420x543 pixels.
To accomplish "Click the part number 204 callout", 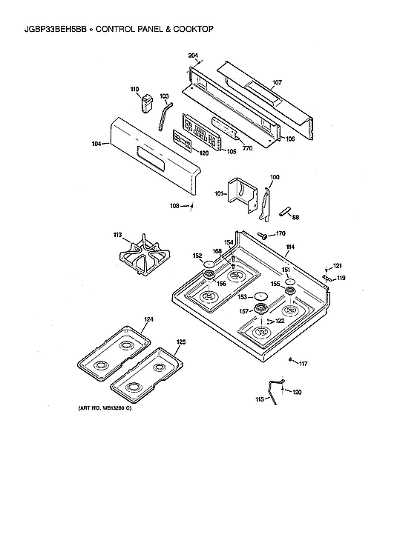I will tap(192, 56).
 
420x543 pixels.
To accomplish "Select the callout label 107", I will tap(277, 82).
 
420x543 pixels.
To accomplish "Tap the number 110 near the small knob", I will tap(135, 90).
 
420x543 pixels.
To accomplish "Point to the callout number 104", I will tap(96, 144).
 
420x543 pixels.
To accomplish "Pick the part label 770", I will tap(248, 148).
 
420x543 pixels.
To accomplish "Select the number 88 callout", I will tap(295, 217).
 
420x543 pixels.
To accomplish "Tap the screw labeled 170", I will tap(263, 235).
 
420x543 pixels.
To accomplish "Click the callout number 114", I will tap(290, 246).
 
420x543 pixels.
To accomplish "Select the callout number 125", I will tap(180, 342).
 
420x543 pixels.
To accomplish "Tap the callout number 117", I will tap(302, 363).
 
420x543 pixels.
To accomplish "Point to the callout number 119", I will tap(341, 279).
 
